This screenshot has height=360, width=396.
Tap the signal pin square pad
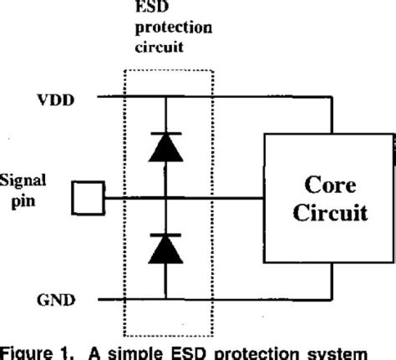click(x=89, y=198)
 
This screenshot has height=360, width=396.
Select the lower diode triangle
click(x=165, y=250)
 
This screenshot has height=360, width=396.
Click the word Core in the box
click(x=329, y=185)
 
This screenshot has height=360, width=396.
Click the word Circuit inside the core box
click(x=329, y=212)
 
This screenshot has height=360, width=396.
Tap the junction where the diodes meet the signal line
click(x=165, y=198)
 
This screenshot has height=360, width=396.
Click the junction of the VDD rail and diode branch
click(x=165, y=97)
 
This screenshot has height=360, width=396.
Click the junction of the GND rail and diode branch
click(x=165, y=300)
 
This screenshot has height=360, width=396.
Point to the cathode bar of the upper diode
click(x=165, y=134)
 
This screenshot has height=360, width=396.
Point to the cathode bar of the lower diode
click(x=165, y=235)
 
